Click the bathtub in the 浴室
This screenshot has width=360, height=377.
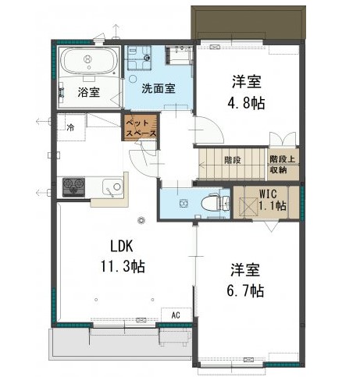click(88, 62)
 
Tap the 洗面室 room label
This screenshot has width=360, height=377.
click(159, 89)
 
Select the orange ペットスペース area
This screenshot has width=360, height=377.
click(141, 128)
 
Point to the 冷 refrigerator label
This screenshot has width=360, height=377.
click(70, 127)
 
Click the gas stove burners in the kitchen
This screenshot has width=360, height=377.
click(73, 187)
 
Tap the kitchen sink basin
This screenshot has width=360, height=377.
click(112, 187)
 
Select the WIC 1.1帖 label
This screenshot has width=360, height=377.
click(273, 201)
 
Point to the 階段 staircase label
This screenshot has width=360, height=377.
click(233, 160)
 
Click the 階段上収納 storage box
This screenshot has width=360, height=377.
click(283, 165)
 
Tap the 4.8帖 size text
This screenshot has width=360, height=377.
click(246, 104)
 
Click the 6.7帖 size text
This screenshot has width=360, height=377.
click(245, 291)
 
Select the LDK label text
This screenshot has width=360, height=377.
click(122, 246)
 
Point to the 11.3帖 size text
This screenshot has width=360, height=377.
click(123, 266)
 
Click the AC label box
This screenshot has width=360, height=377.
click(176, 315)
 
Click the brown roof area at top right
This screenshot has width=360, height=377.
click(248, 23)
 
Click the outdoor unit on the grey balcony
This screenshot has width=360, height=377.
click(175, 336)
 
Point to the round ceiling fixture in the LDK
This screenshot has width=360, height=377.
click(141, 220)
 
